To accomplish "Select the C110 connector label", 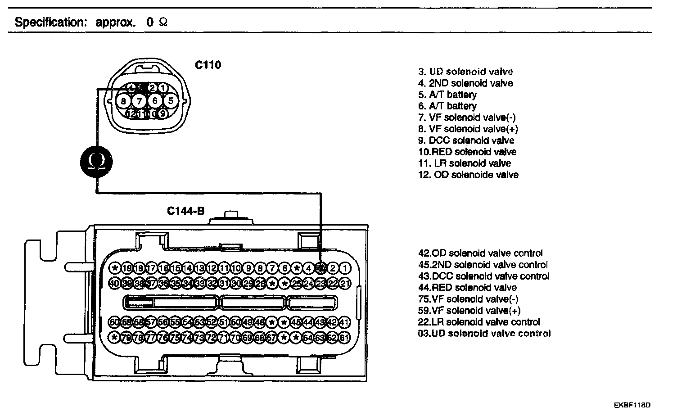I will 208,65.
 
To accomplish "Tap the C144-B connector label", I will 185,211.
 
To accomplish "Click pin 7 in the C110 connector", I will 140,101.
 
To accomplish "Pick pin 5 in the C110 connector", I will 171,101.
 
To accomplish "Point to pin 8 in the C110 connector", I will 124,101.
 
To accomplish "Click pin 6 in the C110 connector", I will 155,101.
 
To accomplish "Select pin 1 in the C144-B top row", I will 345,269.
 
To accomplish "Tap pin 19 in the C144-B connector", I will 127,269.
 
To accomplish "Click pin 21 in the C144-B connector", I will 345,283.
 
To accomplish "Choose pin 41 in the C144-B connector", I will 345,322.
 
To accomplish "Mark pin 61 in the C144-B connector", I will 345,337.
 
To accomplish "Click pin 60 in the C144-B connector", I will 115,322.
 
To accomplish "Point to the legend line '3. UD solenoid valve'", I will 465,72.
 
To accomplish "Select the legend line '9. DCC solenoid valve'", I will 466,140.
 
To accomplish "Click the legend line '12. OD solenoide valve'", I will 468,175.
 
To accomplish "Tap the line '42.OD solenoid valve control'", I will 480,253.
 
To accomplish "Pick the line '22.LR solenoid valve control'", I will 479,322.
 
